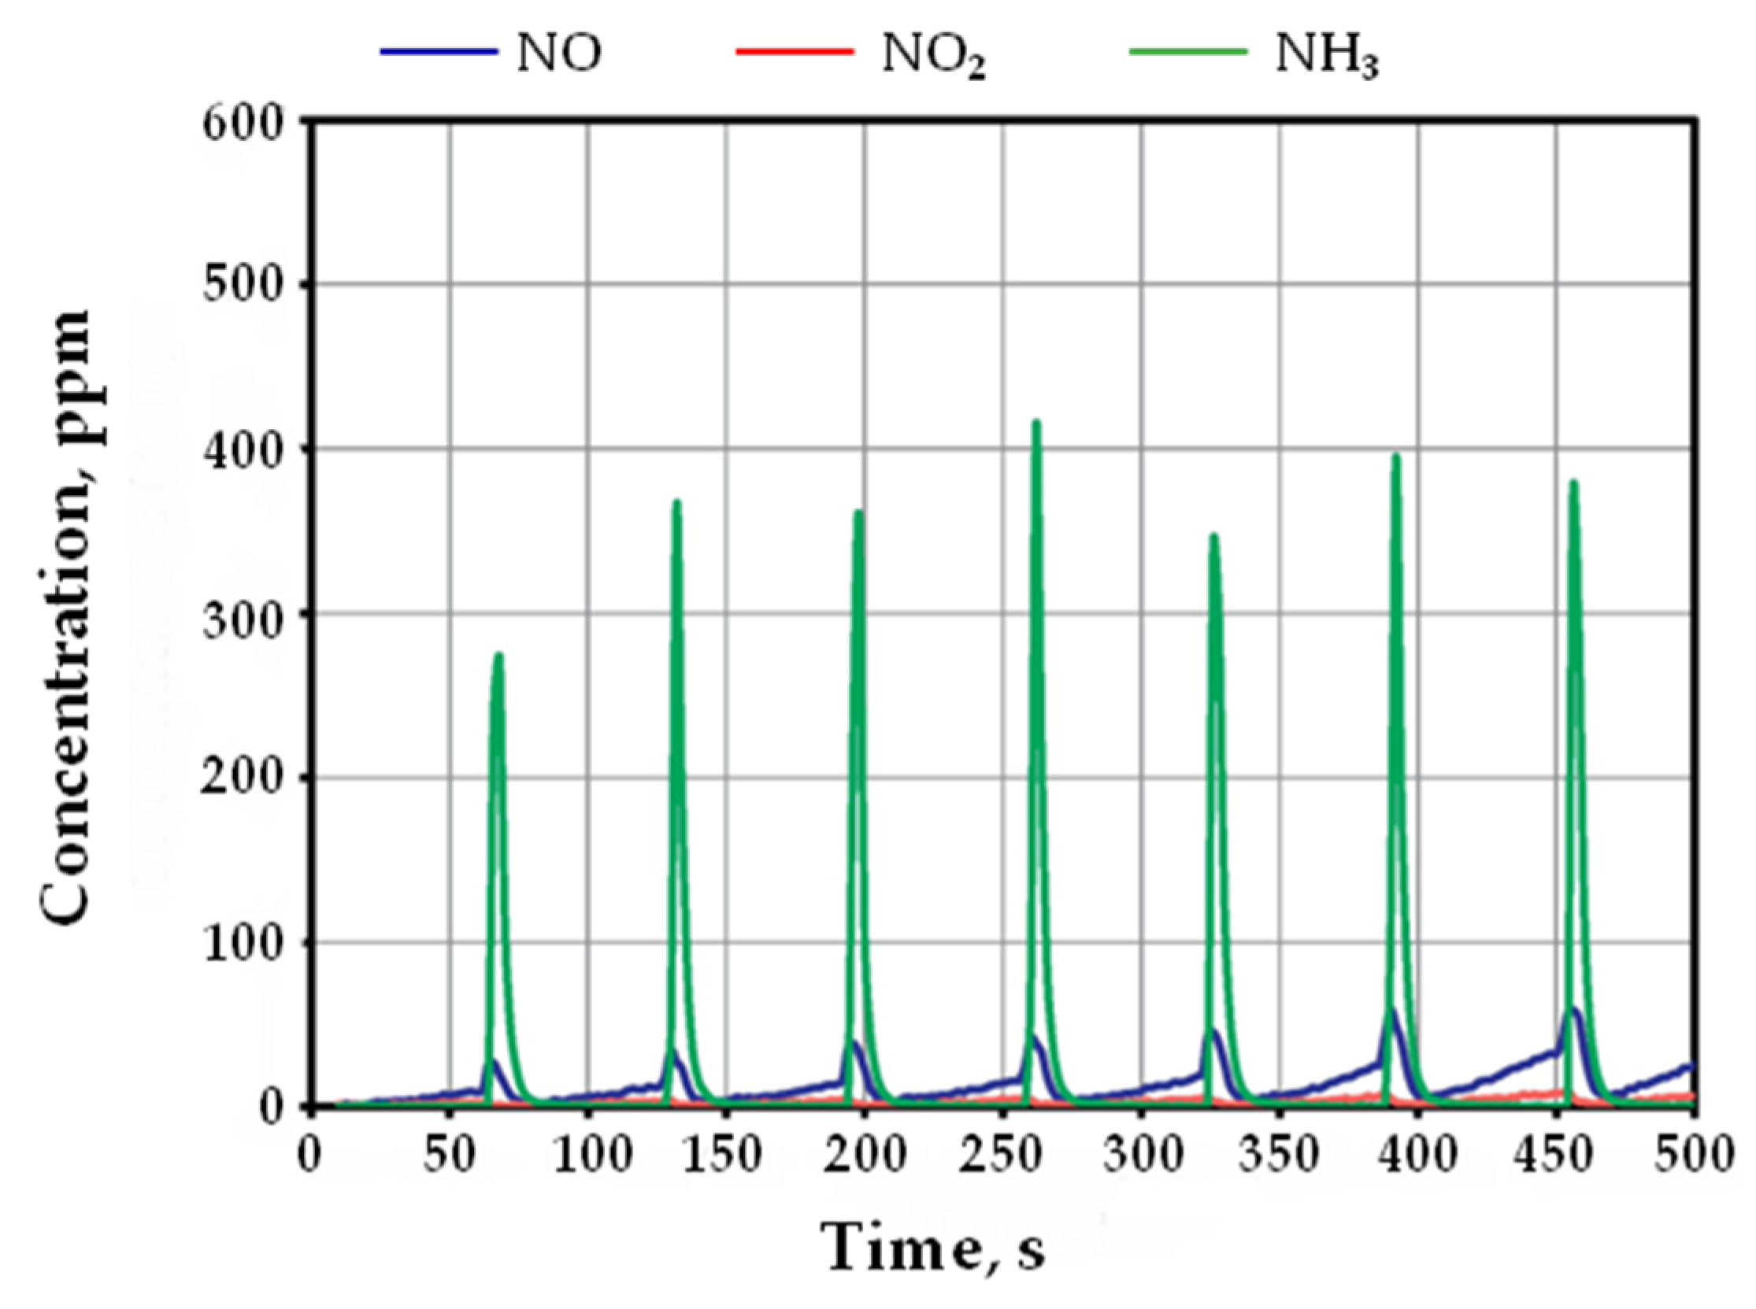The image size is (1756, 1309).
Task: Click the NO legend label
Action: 559,53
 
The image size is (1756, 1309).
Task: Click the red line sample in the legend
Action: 795,52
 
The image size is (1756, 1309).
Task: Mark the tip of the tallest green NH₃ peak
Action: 1036,423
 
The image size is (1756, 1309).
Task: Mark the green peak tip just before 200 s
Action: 858,512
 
